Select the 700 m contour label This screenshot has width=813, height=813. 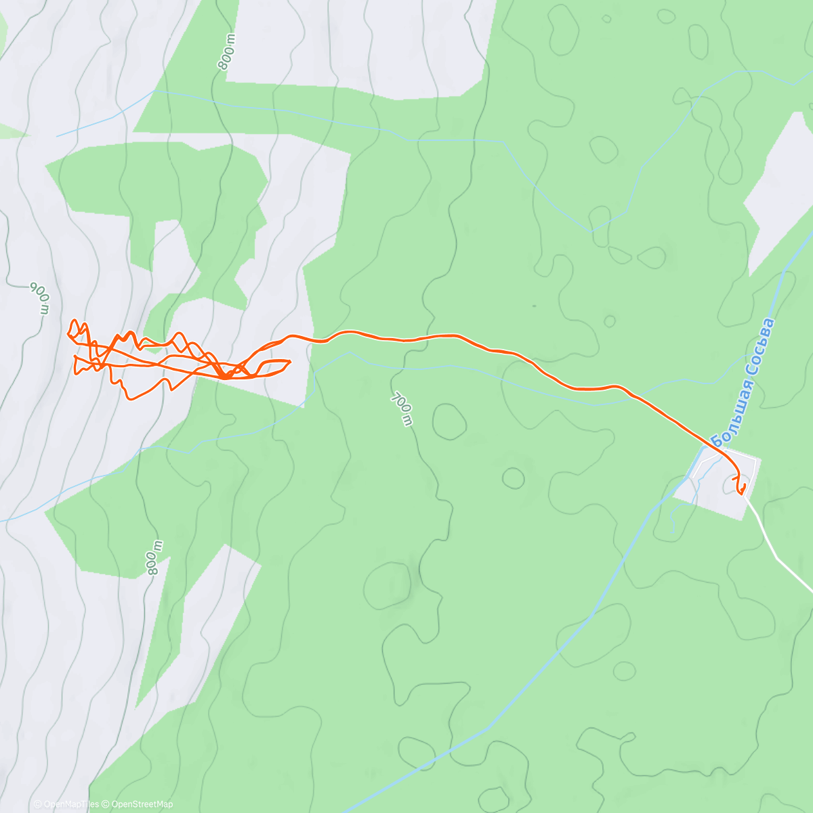coord(401,409)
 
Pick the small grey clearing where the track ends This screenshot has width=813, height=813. coord(718,482)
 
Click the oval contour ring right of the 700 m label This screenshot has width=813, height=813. coord(449,421)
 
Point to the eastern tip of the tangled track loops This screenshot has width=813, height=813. coord(290,361)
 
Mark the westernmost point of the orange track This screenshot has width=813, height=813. coord(68,333)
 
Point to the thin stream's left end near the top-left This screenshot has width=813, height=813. coord(58,136)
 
